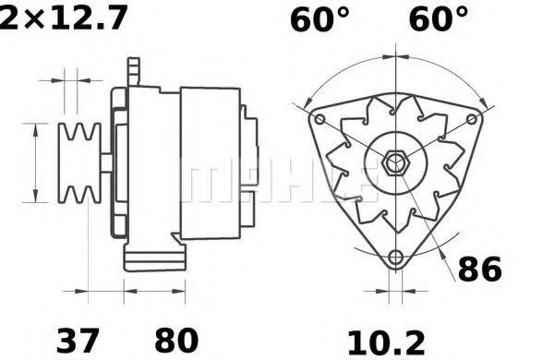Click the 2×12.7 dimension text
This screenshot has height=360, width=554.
pyautogui.click(x=63, y=18)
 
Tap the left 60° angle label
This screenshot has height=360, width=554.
pyautogui.click(x=319, y=19)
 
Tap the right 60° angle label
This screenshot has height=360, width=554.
pyautogui.click(x=438, y=19)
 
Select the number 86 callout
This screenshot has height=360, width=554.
pyautogui.click(x=479, y=269)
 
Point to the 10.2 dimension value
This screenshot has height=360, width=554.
pyautogui.click(x=387, y=342)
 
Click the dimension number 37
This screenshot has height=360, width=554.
pyautogui.click(x=78, y=341)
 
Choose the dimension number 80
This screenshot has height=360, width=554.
pyautogui.click(x=176, y=341)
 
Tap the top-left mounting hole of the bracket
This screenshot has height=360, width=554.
pyautogui.click(x=319, y=119)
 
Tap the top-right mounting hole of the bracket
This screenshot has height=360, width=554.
pyautogui.click(x=472, y=119)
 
